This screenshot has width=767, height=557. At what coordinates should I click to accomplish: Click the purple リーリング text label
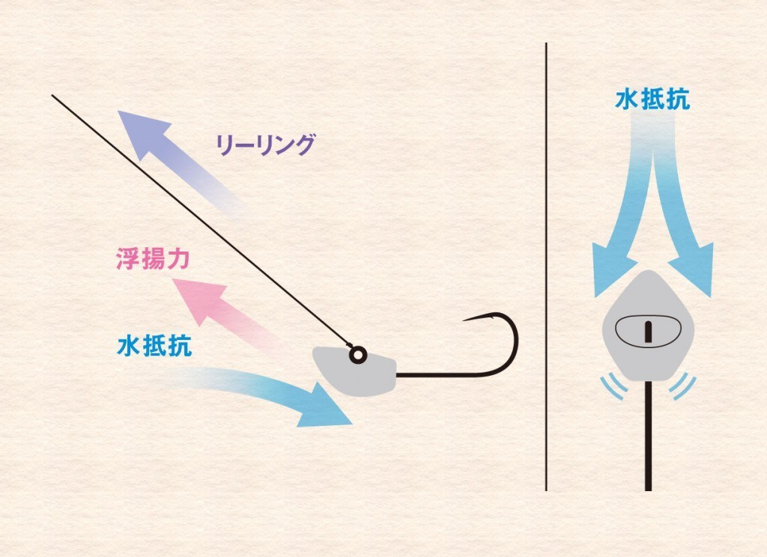[264, 144]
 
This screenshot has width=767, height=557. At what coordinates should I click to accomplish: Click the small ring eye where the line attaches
[357, 354]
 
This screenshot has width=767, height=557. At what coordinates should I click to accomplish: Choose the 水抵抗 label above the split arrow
[652, 100]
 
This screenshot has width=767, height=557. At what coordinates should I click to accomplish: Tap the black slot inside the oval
[646, 329]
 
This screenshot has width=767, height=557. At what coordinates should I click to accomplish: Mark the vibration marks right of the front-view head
[684, 386]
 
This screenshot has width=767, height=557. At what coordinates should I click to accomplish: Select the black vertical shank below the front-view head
[647, 442]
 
